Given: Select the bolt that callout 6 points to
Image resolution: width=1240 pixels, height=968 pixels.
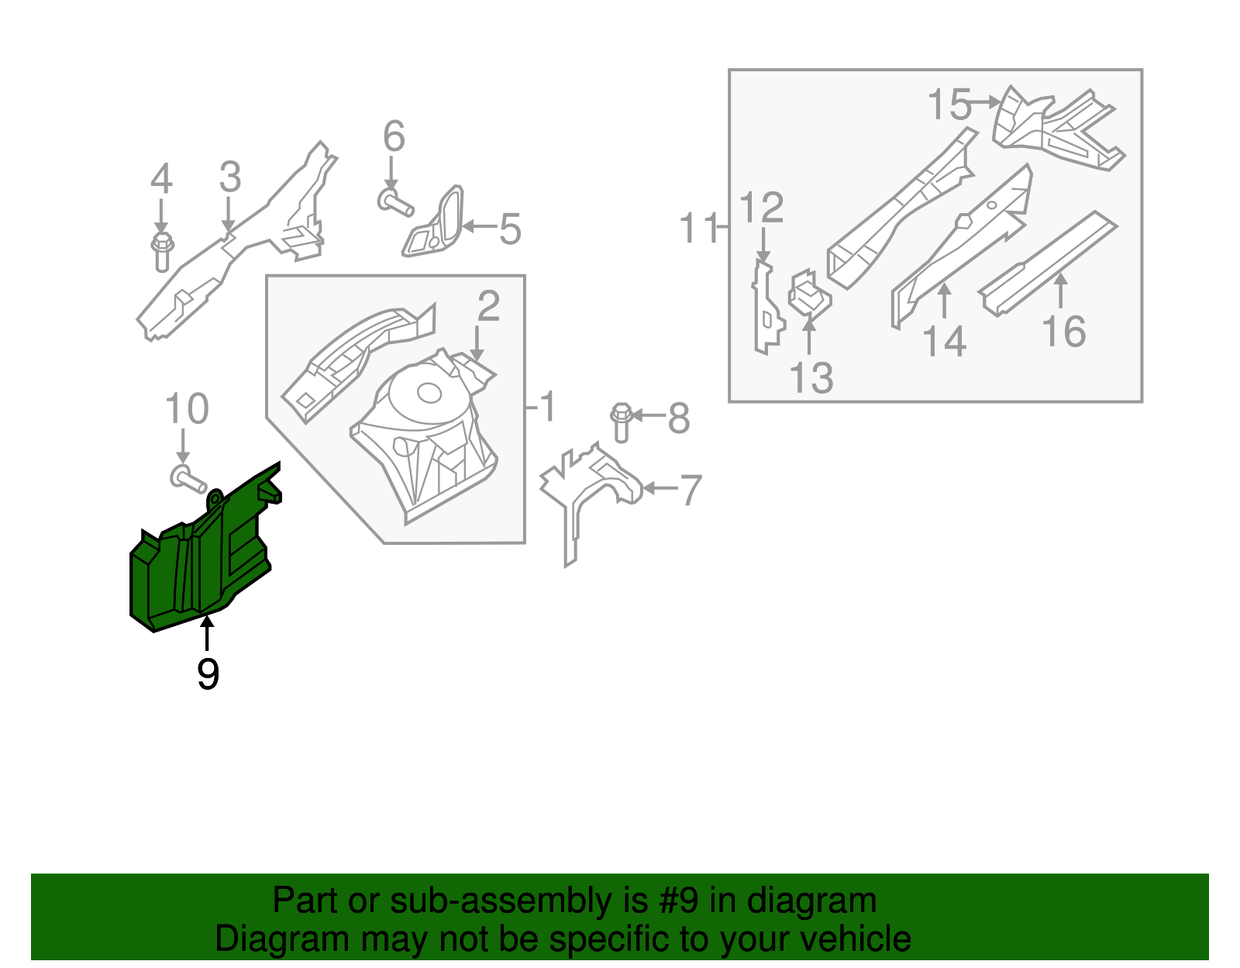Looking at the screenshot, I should pos(395,204).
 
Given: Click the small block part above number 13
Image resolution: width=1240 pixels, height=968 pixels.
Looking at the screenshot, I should pos(809,295).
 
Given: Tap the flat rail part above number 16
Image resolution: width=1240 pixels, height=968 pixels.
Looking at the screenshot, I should pos(1046,264).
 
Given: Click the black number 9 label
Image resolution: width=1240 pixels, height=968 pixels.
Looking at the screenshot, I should pos(208,674).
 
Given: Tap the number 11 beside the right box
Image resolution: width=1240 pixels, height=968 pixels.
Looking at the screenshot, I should pos(699,229).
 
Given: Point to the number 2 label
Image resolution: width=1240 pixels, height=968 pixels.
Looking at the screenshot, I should pos(488,306).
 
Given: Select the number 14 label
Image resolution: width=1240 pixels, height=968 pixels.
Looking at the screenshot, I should pos(945,341).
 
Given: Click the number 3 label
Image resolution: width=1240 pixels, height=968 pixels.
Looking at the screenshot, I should pos(229,177).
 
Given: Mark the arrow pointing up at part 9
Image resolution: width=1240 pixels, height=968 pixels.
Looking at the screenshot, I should pos(207,632).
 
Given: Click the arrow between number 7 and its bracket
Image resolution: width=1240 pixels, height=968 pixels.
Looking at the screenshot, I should pos(659,488).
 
